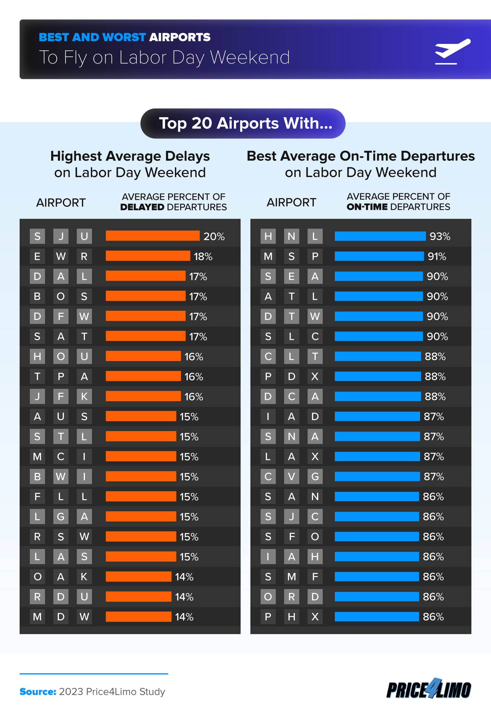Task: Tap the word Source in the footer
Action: pos(38,692)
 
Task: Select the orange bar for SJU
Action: pos(152,236)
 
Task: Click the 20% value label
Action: pos(214,237)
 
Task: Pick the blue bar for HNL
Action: pos(380,236)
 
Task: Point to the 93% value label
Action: pos(440,237)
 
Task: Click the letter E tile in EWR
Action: pos(37,256)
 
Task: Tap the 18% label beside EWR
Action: pos(203,257)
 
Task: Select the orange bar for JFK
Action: pos(143,396)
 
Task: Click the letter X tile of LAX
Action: pos(315,457)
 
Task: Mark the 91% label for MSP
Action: pos(436,257)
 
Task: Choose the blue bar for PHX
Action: pos(377,617)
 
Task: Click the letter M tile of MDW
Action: pos(37,617)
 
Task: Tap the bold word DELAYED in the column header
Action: pos(142,207)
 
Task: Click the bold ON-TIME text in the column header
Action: pos(367,207)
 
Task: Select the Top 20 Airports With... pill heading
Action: pos(243,123)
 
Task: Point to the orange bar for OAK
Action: pos(138,577)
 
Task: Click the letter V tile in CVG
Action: pos(292,476)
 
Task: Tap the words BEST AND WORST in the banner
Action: pos(92,37)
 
